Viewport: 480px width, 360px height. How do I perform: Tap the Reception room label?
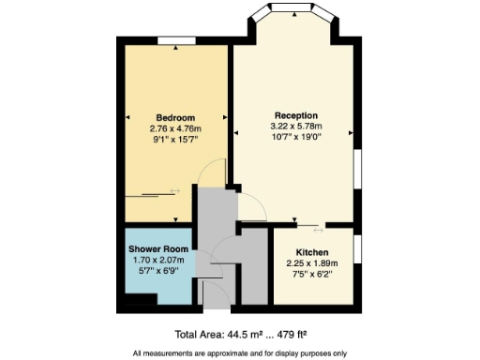(296, 114)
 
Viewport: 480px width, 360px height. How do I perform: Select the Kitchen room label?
(310, 253)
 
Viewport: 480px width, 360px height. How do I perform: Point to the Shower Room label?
(158, 248)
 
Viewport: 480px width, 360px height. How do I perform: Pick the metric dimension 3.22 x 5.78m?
(296, 126)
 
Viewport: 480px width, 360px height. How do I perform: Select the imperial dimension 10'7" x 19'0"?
(296, 137)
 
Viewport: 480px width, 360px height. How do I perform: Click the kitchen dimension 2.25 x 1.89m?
(310, 264)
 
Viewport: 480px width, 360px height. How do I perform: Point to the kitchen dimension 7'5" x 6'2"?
(310, 276)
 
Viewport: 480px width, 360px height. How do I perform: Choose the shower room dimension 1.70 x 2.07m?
(158, 260)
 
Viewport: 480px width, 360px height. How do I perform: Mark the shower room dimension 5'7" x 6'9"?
(158, 271)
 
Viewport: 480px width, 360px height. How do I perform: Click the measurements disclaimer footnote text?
(239, 352)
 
